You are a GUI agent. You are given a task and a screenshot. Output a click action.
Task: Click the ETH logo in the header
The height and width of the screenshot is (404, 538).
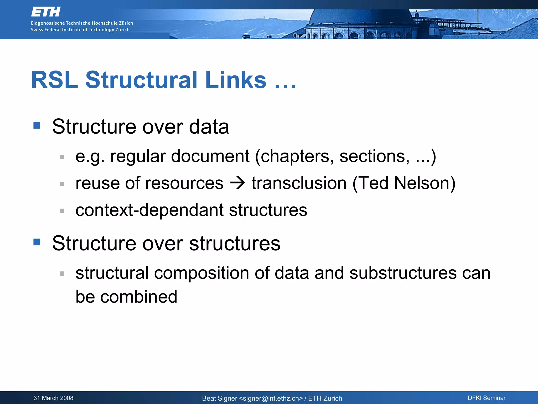46,12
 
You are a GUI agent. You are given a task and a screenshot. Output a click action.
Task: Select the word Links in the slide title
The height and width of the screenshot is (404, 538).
236,80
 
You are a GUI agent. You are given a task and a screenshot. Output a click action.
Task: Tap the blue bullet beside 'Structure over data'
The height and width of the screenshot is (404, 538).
37,125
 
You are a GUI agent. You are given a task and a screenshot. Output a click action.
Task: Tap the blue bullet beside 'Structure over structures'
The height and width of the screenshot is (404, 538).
37,242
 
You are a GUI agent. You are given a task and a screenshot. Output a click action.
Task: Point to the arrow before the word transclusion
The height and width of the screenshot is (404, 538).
237,183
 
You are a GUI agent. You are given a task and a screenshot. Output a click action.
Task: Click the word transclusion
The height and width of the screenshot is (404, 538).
299,183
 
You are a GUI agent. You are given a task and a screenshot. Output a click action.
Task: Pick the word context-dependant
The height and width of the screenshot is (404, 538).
149,210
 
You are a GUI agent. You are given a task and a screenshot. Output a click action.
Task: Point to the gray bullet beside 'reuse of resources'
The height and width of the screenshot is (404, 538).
62,184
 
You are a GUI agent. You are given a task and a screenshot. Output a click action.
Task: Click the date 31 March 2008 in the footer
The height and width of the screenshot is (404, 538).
53,398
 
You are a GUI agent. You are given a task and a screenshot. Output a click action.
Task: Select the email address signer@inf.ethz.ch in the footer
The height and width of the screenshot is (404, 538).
271,398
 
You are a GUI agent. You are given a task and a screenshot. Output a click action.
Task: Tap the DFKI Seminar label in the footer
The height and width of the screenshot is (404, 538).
487,398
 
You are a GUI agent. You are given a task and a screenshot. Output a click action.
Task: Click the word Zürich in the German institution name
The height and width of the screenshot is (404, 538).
126,23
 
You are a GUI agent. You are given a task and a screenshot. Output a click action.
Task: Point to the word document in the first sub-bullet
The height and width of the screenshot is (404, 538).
210,156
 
